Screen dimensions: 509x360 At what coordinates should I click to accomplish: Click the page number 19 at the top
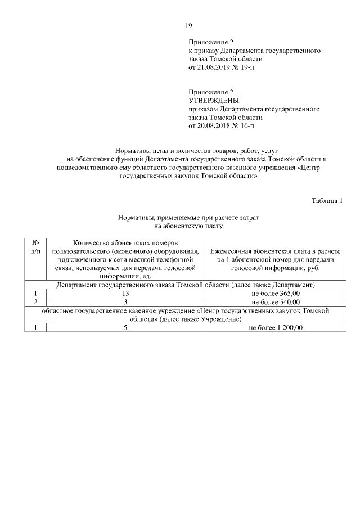(189, 25)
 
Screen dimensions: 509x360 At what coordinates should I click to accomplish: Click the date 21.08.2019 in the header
(212, 67)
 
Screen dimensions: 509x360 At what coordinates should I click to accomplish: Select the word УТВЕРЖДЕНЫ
(214, 101)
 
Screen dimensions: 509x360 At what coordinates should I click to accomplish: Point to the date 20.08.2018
(212, 126)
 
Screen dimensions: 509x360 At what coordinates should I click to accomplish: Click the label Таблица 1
(327, 200)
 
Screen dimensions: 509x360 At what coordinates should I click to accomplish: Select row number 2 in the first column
(35, 301)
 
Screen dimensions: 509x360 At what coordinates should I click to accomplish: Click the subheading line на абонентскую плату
(188, 226)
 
